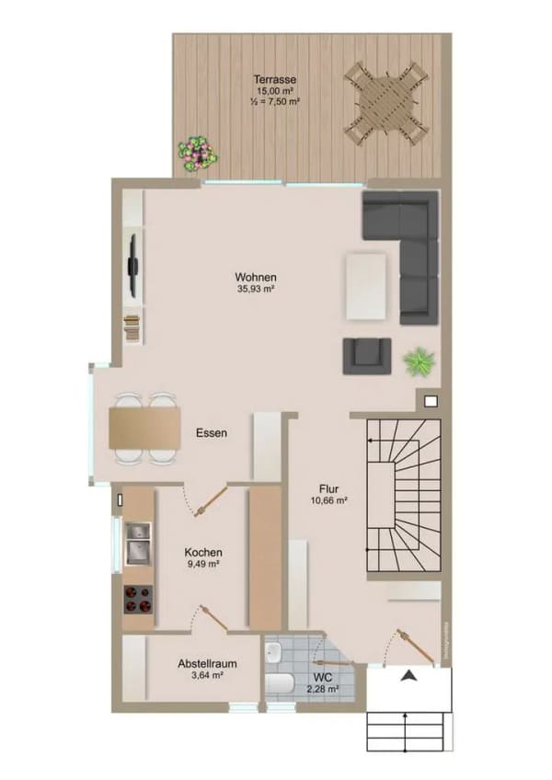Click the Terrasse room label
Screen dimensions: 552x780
[275, 79]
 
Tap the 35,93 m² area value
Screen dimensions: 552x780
[257, 289]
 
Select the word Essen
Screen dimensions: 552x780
[212, 433]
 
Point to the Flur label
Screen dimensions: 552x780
[329, 489]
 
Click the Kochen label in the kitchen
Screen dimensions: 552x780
[203, 552]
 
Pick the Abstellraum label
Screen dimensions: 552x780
[207, 663]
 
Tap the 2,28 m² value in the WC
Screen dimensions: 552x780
[323, 689]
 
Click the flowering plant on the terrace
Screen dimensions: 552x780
[198, 154]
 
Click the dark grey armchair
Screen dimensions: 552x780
[367, 356]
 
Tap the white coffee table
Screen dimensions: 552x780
[367, 287]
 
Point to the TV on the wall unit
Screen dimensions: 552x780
[132, 266]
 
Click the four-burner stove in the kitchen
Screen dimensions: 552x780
[138, 600]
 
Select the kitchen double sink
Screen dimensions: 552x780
[138, 544]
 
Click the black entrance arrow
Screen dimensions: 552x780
[408, 675]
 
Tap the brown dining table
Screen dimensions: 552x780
[144, 428]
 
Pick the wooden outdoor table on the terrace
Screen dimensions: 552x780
[386, 103]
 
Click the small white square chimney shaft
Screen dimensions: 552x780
[431, 401]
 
